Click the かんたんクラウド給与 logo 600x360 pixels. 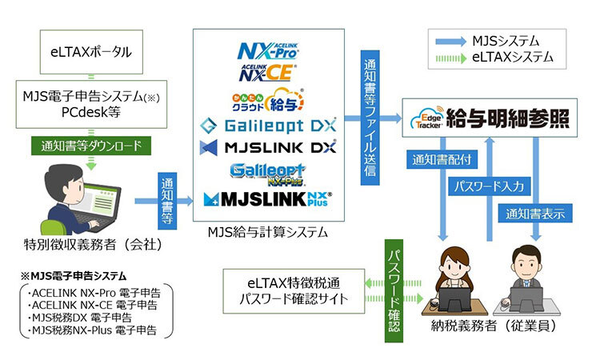coord(269,99)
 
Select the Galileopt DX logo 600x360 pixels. coord(269,126)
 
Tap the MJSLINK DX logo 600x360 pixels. coord(269,148)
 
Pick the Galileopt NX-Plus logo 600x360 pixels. coord(269,172)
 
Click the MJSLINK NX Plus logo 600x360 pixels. coord(269,199)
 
